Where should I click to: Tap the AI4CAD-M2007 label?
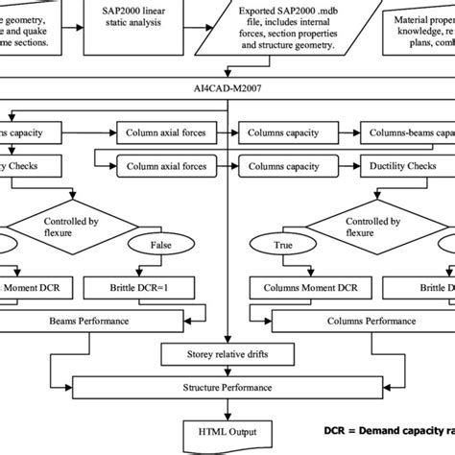[227, 86]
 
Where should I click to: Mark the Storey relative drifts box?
[227, 354]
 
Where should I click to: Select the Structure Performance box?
[227, 388]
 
